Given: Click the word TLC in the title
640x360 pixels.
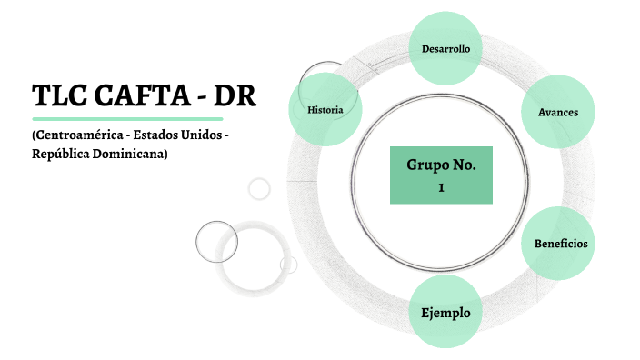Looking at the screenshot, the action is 57,95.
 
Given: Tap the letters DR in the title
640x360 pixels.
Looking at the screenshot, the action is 237,95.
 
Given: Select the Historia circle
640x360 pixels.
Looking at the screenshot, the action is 325,110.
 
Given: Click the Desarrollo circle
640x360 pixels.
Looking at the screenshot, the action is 445,48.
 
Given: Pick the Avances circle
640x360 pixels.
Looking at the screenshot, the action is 558,112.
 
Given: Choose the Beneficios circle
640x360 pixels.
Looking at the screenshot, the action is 560,244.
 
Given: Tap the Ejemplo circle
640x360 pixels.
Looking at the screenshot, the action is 445,313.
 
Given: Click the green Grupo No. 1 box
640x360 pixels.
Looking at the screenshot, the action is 441,175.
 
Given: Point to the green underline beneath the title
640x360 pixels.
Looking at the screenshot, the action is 127,118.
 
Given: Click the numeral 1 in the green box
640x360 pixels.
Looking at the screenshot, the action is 441,186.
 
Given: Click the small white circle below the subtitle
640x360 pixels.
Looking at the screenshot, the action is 259,188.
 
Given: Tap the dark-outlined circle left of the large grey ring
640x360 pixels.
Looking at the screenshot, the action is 216,242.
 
